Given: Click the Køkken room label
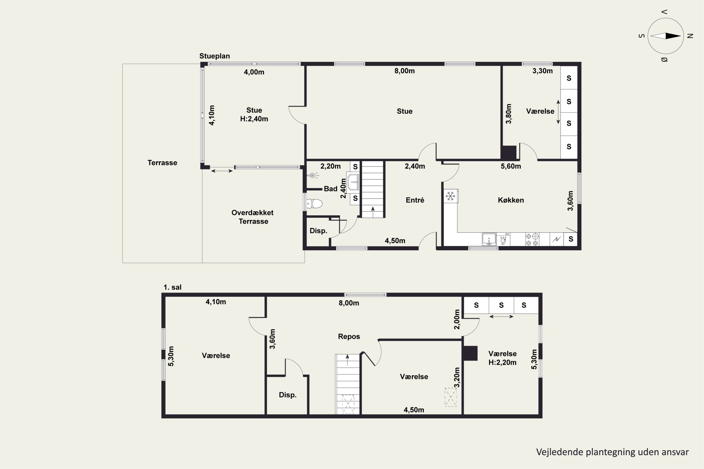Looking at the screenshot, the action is pos(511,200).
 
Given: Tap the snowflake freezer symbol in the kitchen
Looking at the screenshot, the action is pos(451,196).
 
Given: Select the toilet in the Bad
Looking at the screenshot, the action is pos(314,204).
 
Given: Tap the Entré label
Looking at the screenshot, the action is pos(415,200).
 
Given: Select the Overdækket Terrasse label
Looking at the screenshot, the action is pos(253,217).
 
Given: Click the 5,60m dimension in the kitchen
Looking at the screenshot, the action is pos(511,166).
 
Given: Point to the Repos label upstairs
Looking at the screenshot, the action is pos(349,337).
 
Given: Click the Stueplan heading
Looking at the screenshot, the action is pos(215,56).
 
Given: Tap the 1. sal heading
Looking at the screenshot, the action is pos(172,287).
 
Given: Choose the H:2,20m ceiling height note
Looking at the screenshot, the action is pos(503,363).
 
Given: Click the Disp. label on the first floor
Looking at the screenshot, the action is pos(288,395).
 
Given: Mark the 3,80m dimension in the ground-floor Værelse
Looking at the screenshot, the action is pos(509,114).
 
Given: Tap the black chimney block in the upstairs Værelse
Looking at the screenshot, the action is pos(470,353).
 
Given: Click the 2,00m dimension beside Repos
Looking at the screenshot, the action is pos(457,319).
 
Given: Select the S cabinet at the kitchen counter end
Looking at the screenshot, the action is pos(570,239).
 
